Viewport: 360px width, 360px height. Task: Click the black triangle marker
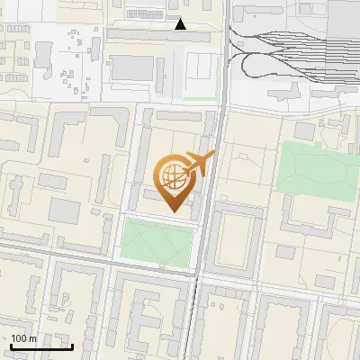180,24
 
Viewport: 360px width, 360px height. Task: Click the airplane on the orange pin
200,164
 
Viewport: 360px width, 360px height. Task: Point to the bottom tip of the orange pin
172,212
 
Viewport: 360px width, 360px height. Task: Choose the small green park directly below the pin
157,241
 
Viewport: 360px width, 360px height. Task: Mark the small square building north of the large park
304,130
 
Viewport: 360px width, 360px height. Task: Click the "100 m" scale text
24,338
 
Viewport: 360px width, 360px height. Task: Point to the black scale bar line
41,346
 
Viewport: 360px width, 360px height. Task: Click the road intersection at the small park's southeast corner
193,268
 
